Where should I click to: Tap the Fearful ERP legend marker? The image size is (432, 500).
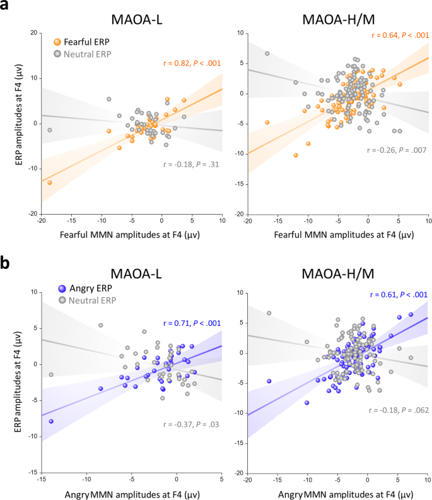(x=57, y=41)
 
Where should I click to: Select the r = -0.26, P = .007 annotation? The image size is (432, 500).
(x=397, y=150)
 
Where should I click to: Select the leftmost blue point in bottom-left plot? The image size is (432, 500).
(x=50, y=421)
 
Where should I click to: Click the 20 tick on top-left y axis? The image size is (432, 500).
(x=33, y=33)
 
